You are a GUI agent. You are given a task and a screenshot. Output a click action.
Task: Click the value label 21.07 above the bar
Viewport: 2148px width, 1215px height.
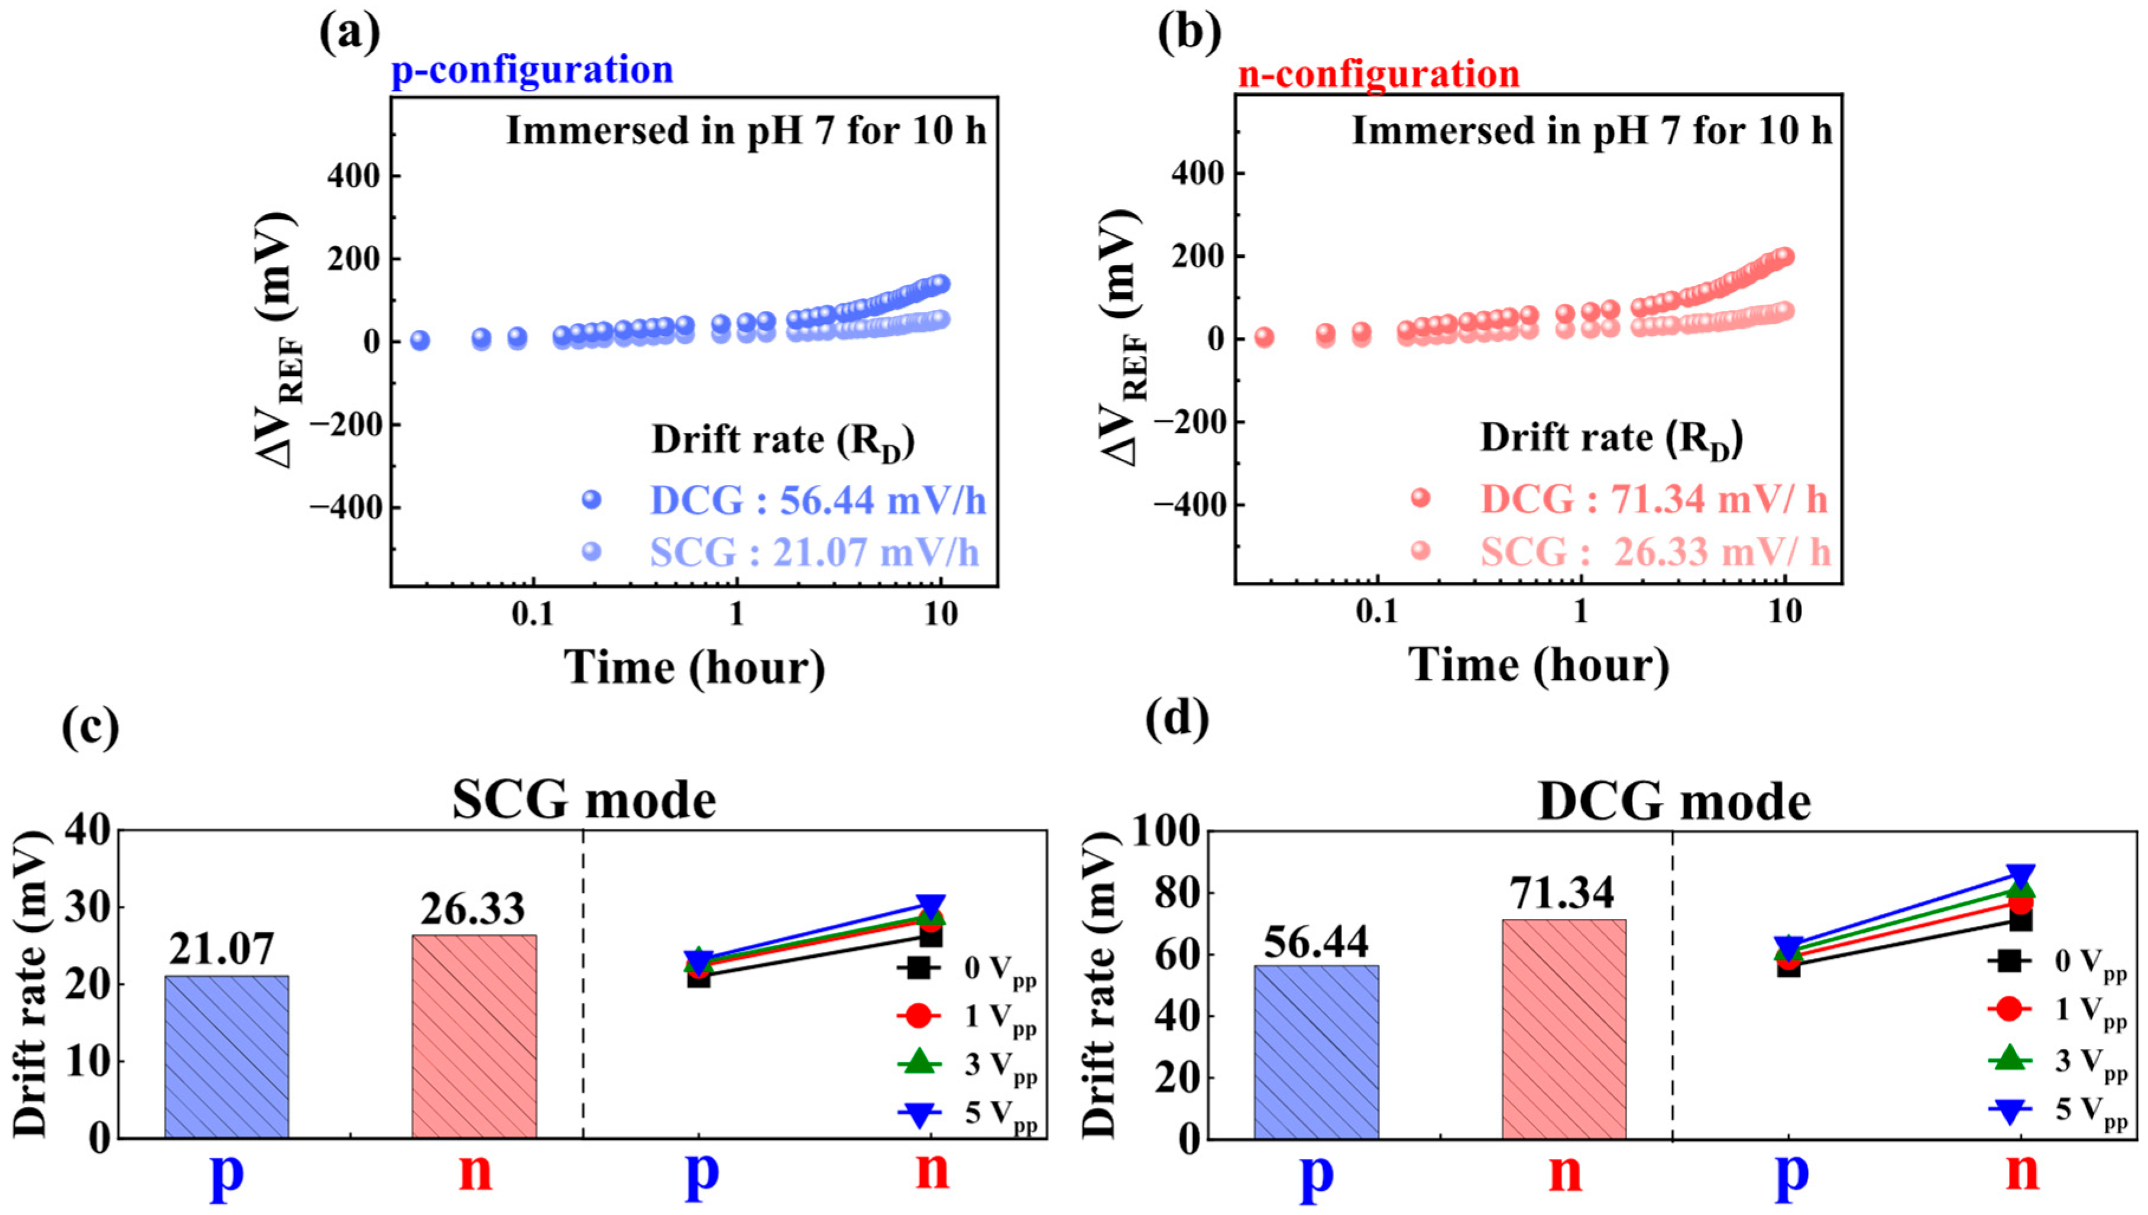(x=221, y=949)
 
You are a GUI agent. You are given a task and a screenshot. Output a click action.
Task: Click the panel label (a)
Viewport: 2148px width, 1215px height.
(x=349, y=35)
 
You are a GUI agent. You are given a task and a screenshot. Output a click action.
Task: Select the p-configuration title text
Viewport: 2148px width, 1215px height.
(x=532, y=70)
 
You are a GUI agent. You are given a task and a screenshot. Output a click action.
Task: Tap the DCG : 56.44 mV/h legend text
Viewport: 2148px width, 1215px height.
(x=817, y=501)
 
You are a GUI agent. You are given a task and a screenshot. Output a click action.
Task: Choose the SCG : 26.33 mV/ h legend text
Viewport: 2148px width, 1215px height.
(x=1655, y=552)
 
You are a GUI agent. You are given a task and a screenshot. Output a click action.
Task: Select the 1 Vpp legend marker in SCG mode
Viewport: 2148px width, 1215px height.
(x=918, y=1016)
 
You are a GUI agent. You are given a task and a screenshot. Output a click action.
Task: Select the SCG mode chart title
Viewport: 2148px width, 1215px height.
(x=584, y=801)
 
